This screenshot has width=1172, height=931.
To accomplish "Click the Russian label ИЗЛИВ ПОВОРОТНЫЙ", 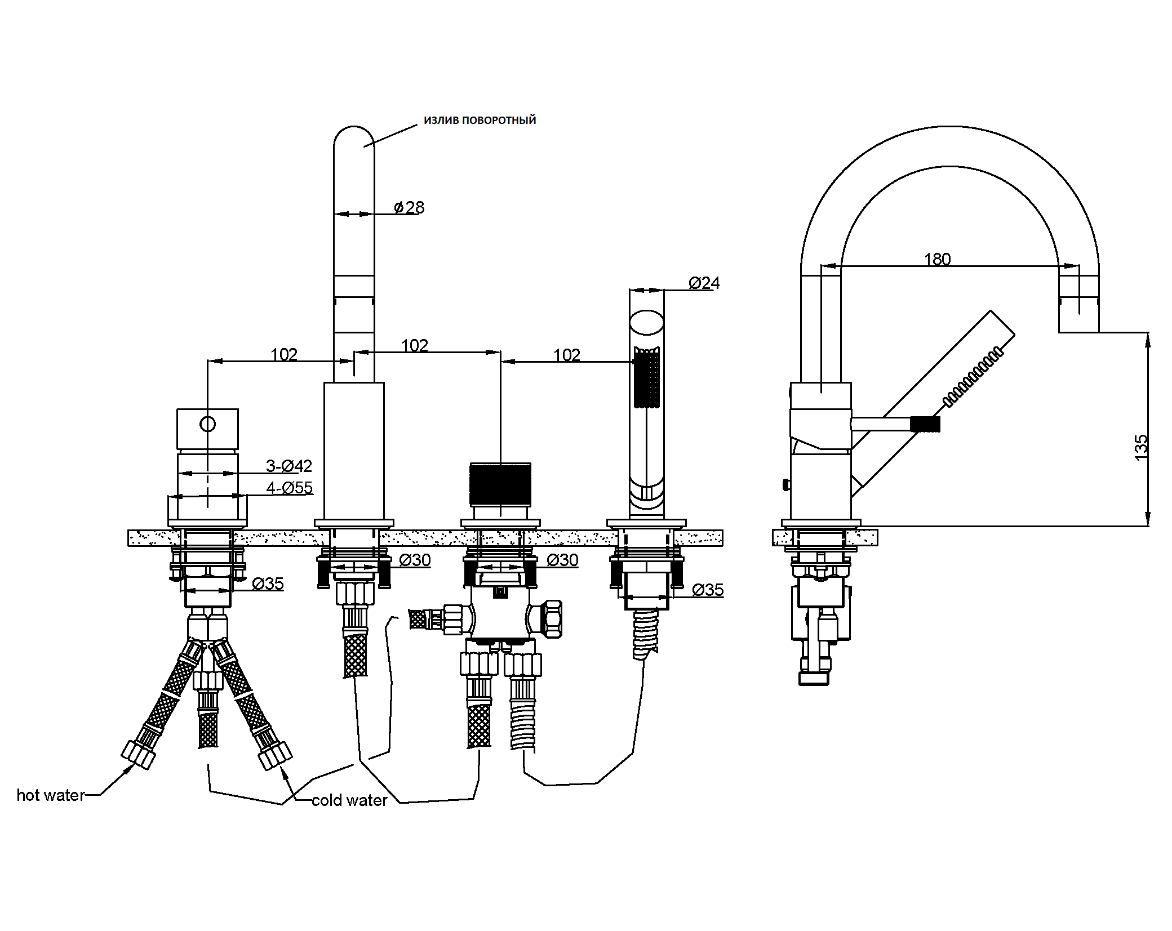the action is pyautogui.click(x=480, y=120).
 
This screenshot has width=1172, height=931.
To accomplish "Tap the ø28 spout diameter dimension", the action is pyautogui.click(x=410, y=207).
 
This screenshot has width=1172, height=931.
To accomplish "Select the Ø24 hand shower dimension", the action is pyautogui.click(x=704, y=283).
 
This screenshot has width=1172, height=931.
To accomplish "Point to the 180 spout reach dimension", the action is pyautogui.click(x=937, y=259).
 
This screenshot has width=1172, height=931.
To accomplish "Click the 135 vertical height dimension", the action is pyautogui.click(x=1140, y=448).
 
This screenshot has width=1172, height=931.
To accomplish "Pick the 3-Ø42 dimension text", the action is pyautogui.click(x=288, y=466).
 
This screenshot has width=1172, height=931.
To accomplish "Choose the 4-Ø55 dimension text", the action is pyautogui.click(x=289, y=488).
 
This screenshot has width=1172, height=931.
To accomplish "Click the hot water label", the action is pyautogui.click(x=51, y=795).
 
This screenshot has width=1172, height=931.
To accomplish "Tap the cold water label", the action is pyautogui.click(x=349, y=800).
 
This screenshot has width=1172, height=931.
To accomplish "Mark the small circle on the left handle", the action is pyautogui.click(x=208, y=424).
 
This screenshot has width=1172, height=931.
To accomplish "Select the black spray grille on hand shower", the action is pyautogui.click(x=647, y=377).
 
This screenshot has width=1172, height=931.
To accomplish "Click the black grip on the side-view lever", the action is pyautogui.click(x=925, y=424).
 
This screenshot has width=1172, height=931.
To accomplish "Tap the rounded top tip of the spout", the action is pyautogui.click(x=354, y=127).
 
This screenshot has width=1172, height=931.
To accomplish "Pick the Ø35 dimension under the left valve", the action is pyautogui.click(x=268, y=583).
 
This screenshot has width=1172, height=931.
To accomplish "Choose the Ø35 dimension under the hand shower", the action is pyautogui.click(x=708, y=590).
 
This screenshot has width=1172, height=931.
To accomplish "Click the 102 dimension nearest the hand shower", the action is pyautogui.click(x=566, y=355).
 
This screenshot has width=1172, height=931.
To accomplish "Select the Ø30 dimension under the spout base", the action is pyautogui.click(x=415, y=560).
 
